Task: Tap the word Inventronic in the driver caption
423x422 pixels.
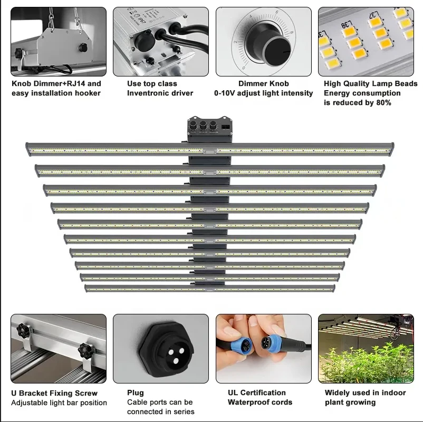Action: click(x=151, y=93)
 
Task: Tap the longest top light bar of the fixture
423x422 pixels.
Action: click(x=209, y=149)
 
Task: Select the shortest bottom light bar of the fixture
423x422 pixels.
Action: click(x=209, y=288)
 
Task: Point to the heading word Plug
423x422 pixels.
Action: click(x=136, y=393)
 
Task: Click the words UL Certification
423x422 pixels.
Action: click(x=257, y=393)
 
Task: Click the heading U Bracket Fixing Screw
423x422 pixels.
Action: click(x=54, y=394)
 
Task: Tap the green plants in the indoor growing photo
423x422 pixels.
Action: click(x=359, y=361)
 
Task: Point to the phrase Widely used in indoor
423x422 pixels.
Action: click(x=365, y=393)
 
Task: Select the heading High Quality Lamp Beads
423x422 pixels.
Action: click(x=370, y=84)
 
